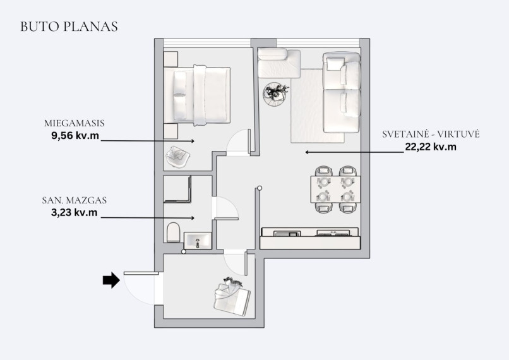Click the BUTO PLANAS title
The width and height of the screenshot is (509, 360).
pyautogui.click(x=69, y=27)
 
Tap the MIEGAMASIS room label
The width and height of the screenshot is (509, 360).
pyautogui.click(x=75, y=123)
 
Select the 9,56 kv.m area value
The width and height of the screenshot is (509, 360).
pyautogui.click(x=75, y=135)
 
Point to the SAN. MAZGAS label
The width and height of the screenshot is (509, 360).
pyautogui.click(x=75, y=200)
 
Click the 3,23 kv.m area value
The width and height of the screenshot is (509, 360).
pyautogui.click(x=75, y=213)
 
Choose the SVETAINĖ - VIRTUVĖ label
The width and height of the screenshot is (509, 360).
pyautogui.click(x=431, y=134)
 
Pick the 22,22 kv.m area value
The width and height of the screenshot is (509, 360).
pyautogui.click(x=431, y=147)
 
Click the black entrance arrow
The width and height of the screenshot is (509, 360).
pyautogui.click(x=111, y=280)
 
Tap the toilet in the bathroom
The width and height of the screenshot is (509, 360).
pyautogui.click(x=173, y=232)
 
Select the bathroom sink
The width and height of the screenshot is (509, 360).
pyautogui.click(x=198, y=241)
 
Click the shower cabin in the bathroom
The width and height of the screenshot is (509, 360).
pyautogui.click(x=177, y=189)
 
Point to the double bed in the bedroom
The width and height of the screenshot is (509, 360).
pyautogui.click(x=197, y=95)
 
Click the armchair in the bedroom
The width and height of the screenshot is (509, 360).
pyautogui.click(x=177, y=157)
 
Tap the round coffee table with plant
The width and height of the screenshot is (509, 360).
pyautogui.click(x=276, y=94)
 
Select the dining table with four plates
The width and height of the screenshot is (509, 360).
pyautogui.click(x=335, y=189)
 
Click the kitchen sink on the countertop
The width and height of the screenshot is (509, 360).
pyautogui.click(x=287, y=234)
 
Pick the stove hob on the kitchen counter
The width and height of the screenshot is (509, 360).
pyautogui.click(x=333, y=233)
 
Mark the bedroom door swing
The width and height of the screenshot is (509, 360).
pyautogui.click(x=239, y=142)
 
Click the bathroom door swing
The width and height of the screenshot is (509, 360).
pyautogui.click(x=225, y=208)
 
